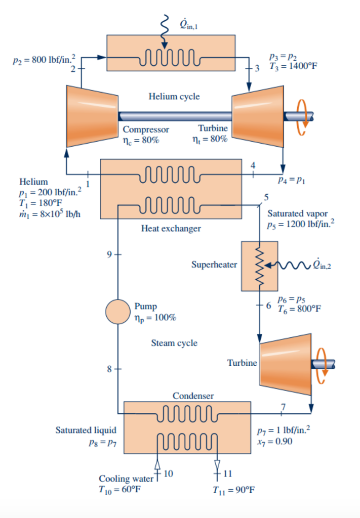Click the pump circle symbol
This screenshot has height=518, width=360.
pyautogui.click(x=117, y=312)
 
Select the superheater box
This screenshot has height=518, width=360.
pyautogui.click(x=259, y=266)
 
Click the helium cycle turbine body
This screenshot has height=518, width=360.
pyautogui.click(x=258, y=116)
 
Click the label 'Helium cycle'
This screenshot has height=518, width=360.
pyautogui.click(x=174, y=97)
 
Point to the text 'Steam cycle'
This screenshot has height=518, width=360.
pyautogui.click(x=174, y=343)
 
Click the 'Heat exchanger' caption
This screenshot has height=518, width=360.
pyautogui.click(x=171, y=229)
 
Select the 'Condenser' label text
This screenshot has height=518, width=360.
pyautogui.click(x=193, y=396)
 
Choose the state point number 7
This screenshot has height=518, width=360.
pyautogui.click(x=284, y=407)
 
